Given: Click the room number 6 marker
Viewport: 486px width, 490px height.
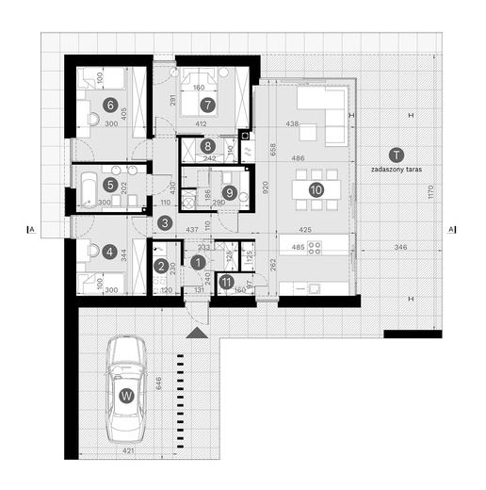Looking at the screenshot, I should (110, 105).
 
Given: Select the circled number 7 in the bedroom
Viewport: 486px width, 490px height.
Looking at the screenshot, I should (207, 105).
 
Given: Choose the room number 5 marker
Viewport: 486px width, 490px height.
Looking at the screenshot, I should (110, 187).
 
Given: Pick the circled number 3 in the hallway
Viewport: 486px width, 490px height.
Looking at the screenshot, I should (165, 223).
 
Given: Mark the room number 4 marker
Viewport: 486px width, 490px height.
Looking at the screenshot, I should (110, 253).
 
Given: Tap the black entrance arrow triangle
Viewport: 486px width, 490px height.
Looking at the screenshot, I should (195, 334).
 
